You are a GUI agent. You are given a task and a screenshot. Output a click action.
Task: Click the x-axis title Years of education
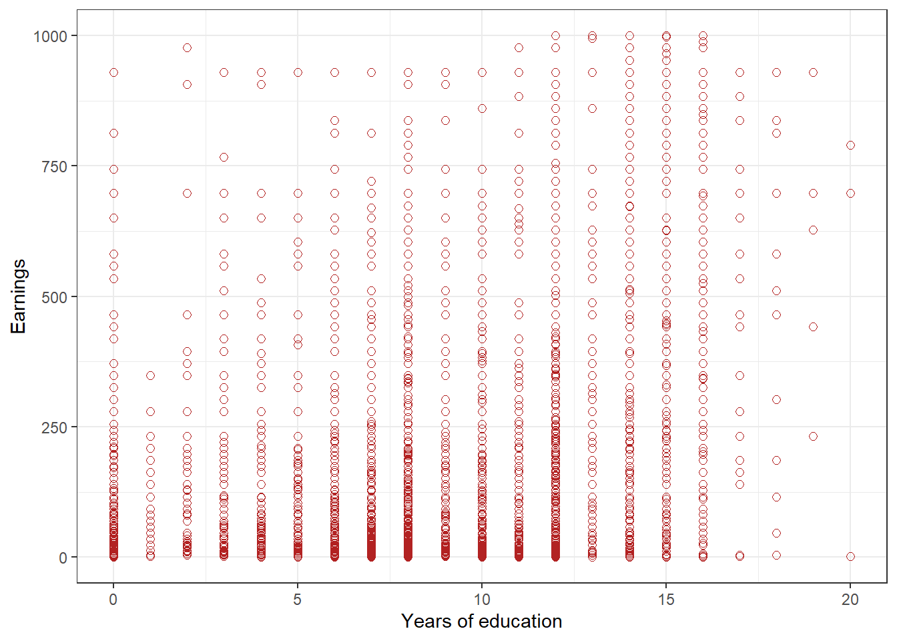481,621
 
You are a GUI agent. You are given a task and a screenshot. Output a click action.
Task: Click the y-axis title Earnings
18,296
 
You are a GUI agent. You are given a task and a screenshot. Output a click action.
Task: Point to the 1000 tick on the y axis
51,36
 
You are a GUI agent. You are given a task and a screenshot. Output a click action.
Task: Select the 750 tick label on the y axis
55,166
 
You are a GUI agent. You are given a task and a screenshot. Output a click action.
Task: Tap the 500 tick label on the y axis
55,296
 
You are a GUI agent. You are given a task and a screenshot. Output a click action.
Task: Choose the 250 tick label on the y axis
55,427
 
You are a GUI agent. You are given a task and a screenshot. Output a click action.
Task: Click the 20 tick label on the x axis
850,600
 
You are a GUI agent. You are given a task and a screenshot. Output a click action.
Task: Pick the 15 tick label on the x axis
665,600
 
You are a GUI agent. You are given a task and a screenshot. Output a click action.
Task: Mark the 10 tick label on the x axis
481,600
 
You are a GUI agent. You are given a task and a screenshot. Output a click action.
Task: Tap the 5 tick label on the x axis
298,600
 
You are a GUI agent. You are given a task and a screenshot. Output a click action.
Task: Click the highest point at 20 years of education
850,145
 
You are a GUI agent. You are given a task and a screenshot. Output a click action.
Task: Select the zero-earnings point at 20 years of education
850,556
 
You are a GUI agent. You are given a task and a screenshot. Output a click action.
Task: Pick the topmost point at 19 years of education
813,72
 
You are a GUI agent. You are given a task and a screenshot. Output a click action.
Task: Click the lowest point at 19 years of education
813,436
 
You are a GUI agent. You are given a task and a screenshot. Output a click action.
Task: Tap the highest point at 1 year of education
150,375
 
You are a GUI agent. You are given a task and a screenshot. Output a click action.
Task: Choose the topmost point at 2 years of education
187,47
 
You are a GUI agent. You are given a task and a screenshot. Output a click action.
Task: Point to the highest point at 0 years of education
113,72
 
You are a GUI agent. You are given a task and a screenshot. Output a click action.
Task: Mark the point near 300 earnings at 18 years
776,399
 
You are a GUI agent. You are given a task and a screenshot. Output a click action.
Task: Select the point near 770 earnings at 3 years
224,157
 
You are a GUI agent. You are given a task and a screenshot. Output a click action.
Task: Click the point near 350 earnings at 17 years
739,375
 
